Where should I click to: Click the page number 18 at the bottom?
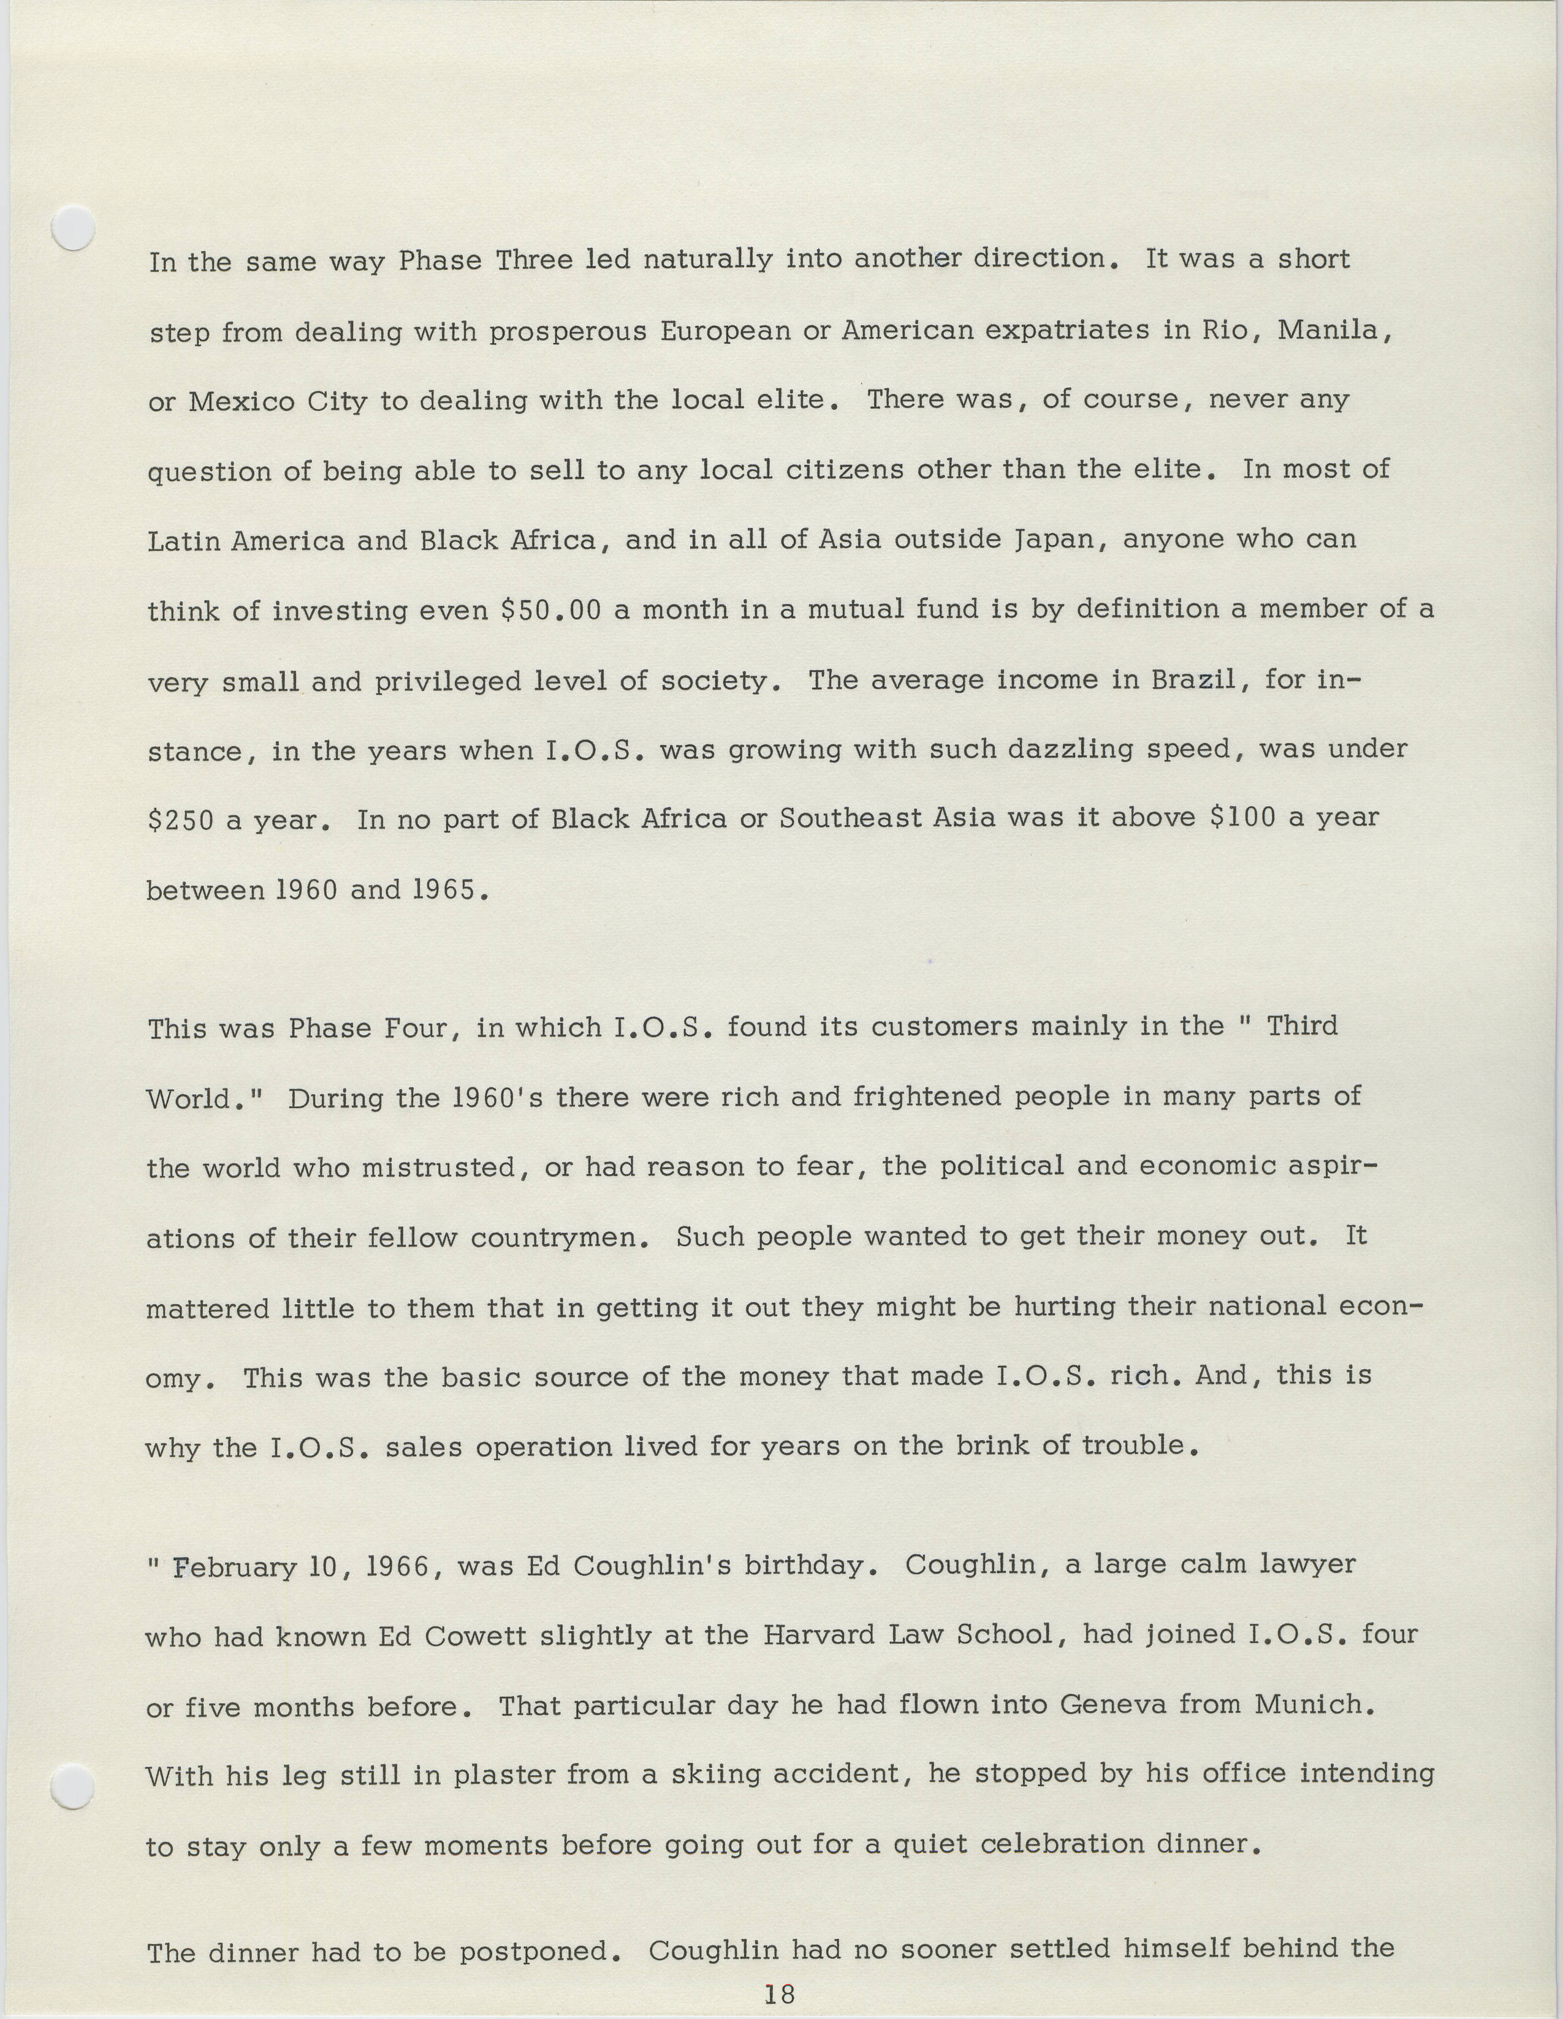[780, 1994]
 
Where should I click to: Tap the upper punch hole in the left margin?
[73, 227]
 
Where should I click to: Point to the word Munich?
[1314, 1704]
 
